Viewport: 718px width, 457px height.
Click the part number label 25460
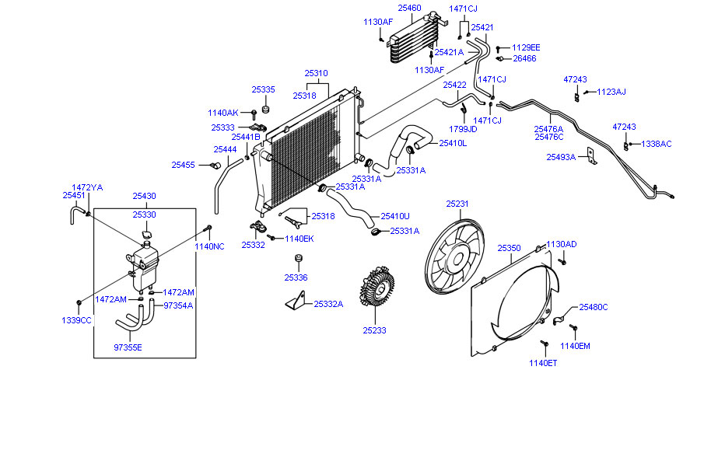(x=409, y=8)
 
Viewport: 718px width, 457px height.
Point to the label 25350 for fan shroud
(x=509, y=248)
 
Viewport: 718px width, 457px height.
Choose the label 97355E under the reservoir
(x=128, y=347)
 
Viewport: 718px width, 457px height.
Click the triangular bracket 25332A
(x=296, y=302)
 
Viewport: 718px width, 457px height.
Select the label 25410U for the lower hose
(x=395, y=216)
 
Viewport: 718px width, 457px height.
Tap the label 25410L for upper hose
(x=453, y=143)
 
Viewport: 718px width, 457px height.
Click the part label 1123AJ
(x=611, y=92)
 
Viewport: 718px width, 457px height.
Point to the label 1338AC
(x=656, y=144)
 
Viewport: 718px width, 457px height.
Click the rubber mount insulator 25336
(x=296, y=260)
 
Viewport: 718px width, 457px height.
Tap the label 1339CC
(x=77, y=320)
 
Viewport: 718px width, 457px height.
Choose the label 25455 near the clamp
(x=184, y=165)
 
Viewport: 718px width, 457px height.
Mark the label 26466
(x=524, y=58)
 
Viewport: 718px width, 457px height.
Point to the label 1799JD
(x=463, y=128)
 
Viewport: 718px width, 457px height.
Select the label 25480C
(x=594, y=307)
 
